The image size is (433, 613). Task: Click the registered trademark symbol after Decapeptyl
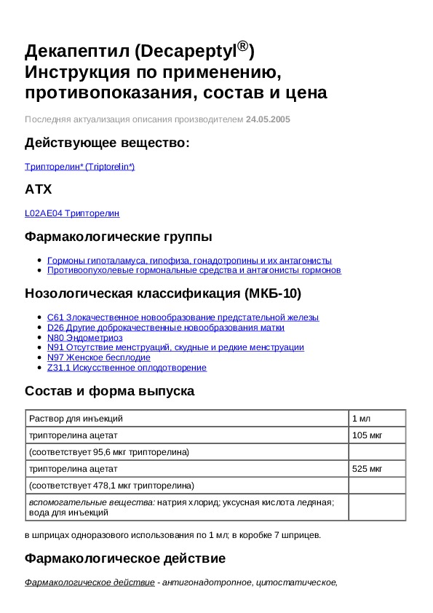coord(244,47)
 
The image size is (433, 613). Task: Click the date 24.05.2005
coord(268,119)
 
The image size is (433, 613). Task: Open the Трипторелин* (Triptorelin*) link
coord(80,167)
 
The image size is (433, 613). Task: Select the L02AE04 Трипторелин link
coord(72,213)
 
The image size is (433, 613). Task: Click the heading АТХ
coord(39,189)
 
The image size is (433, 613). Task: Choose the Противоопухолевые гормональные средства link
coord(194,270)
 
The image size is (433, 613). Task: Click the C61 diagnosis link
coord(183,317)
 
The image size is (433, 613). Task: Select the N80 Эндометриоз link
coord(84,338)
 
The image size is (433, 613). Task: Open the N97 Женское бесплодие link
coord(98,357)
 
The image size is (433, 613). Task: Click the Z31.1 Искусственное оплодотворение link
coord(127,368)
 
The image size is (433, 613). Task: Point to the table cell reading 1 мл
coord(362,419)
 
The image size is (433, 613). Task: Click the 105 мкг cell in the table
coord(368,435)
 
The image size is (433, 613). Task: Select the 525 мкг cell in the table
coord(368,469)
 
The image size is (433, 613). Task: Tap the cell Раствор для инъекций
coord(76,419)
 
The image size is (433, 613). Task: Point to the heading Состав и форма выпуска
coord(109,391)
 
